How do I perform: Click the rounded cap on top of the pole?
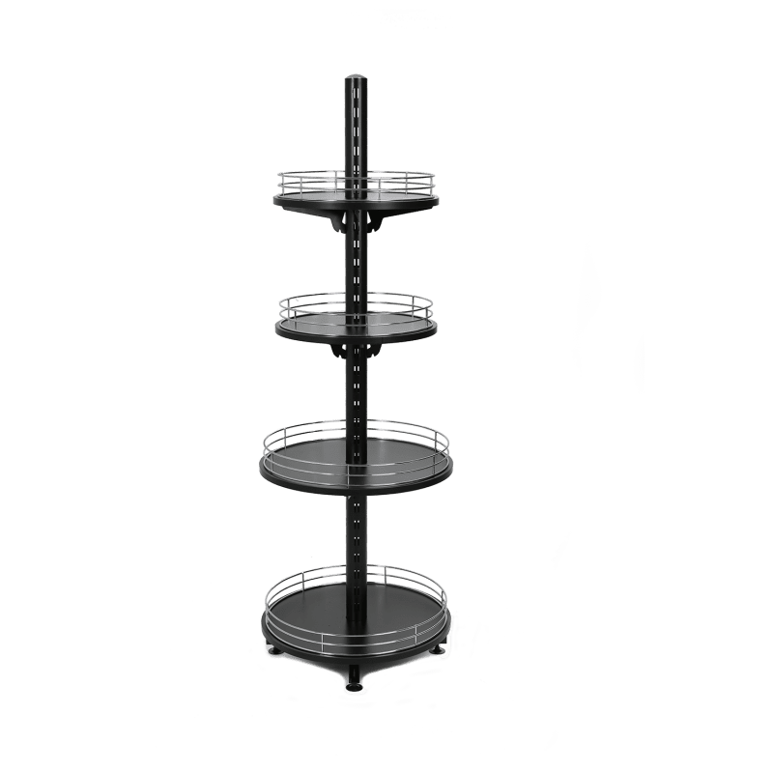(357, 76)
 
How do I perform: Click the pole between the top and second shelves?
(357, 271)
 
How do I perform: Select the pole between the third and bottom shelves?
(357, 531)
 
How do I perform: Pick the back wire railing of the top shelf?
(319, 174)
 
